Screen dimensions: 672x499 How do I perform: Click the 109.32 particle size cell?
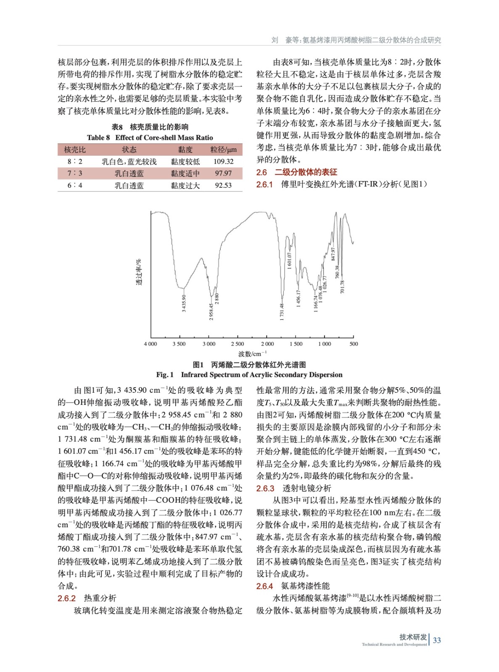coord(223,162)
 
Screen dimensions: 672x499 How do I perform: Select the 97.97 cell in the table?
coord(223,173)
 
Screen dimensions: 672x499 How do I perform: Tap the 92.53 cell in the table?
coord(223,185)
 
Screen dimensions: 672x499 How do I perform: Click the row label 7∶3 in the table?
coord(75,173)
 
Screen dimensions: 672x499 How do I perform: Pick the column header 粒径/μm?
coord(223,150)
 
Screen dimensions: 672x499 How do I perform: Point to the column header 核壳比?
coord(75,150)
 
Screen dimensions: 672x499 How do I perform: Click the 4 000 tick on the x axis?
coord(150,344)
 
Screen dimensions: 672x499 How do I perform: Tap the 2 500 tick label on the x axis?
coord(238,344)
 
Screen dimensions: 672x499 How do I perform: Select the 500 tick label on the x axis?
coord(354,344)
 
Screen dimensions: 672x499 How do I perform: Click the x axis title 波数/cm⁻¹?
coord(252,354)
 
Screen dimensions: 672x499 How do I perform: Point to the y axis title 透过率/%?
coord(139,272)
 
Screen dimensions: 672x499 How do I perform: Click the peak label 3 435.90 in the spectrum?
coord(184,303)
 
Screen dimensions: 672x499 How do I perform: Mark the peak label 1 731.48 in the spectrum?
coord(282,312)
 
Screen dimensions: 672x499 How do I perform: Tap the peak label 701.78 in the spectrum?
coord(342,286)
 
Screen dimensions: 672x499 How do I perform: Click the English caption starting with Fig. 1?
coord(249,375)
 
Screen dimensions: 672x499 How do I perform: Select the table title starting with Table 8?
coord(150,138)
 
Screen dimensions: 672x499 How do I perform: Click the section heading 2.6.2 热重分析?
coord(87,598)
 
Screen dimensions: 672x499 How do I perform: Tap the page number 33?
coord(437,640)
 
